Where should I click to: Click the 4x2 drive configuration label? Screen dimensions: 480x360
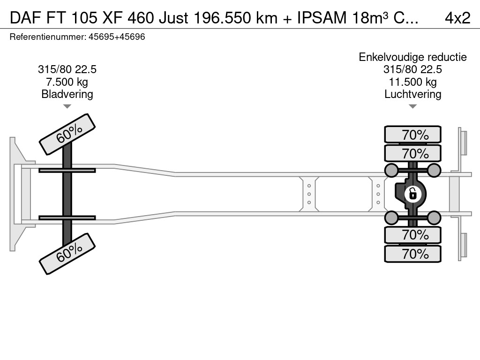click(x=457, y=18)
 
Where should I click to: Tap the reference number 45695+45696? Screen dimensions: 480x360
click(x=117, y=37)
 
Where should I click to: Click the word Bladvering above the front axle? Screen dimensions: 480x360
click(x=67, y=94)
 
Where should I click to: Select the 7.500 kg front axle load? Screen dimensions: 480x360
click(x=67, y=82)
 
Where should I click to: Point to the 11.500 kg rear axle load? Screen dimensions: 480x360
click(x=412, y=82)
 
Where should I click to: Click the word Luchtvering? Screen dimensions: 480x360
click(x=412, y=94)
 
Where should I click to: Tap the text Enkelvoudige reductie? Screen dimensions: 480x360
click(x=412, y=57)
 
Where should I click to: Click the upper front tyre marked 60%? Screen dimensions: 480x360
click(x=67, y=135)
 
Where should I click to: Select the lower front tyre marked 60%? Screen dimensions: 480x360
click(x=67, y=254)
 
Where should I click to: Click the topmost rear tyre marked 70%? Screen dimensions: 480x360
click(x=412, y=135)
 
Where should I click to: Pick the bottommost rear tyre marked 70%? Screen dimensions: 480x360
click(x=412, y=254)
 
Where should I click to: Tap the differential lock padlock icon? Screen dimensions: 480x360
click(x=412, y=194)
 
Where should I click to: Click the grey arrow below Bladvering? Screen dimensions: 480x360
click(x=67, y=106)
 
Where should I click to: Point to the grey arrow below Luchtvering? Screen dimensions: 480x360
click(x=412, y=106)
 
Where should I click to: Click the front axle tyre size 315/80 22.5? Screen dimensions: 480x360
click(x=67, y=69)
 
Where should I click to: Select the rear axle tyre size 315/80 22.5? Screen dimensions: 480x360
click(x=412, y=69)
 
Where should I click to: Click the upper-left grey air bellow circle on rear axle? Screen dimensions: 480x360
click(x=391, y=170)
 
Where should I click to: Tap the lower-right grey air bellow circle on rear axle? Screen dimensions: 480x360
click(x=434, y=218)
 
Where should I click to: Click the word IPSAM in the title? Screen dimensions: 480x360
click(x=322, y=18)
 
